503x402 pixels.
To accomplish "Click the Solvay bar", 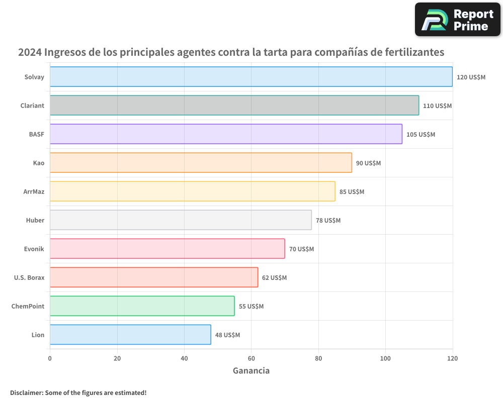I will point(251,77).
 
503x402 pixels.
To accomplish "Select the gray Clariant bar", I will point(234,106).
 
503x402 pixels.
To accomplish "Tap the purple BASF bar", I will point(226,134).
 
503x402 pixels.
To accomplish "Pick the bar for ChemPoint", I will point(142,306).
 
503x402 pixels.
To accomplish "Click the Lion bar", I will point(130,335).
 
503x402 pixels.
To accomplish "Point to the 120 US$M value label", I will point(471,77).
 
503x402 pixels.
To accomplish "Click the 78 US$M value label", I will point(328,221).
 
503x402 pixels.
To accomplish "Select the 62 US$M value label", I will point(274,278).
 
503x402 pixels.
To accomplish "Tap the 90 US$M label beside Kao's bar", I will point(368,163).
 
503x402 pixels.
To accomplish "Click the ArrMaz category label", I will point(34,191).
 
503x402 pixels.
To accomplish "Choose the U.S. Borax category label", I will point(29,277).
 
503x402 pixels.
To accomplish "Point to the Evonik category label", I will point(34,249).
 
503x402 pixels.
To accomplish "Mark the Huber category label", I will point(35,220).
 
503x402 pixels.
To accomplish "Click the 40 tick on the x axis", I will point(184,359).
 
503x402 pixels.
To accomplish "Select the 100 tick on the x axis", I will point(385,359).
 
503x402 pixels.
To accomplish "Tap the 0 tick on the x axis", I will point(50,359).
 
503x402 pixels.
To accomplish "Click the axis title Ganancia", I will point(251,371).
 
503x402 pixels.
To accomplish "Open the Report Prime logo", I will point(457,20).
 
